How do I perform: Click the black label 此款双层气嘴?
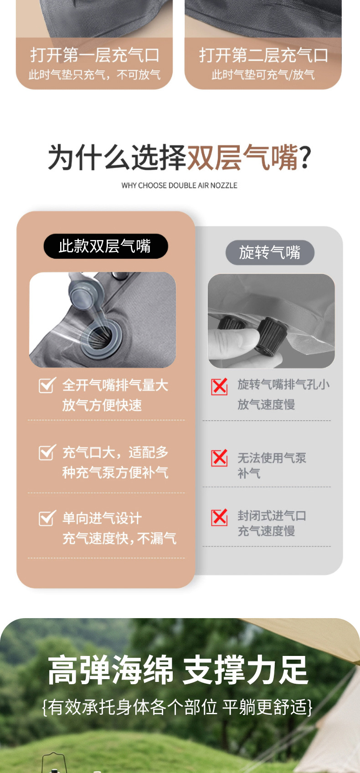106,246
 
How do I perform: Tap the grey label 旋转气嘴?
270,252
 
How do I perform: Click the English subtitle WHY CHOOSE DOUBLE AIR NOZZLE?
180,185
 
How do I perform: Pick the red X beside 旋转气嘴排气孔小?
219,386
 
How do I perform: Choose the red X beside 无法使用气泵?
219,458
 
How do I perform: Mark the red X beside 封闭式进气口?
219,517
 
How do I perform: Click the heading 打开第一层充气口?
95,55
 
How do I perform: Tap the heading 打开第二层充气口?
263,55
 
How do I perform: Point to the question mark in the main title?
305,158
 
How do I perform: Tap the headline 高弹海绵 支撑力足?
178,670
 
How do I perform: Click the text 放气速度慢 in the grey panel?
266,404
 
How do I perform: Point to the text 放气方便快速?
102,405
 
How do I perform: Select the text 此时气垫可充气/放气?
263,75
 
